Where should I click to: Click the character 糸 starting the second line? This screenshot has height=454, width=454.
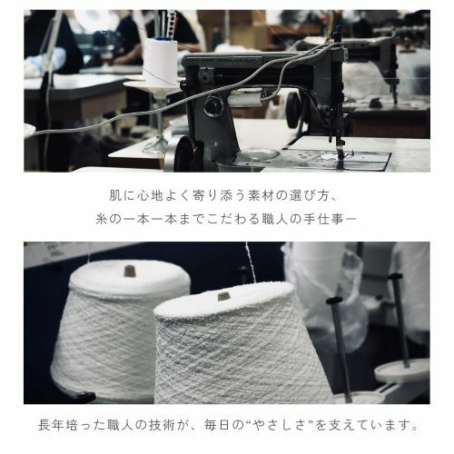click(103, 219)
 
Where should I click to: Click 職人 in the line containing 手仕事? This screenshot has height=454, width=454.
click(278, 219)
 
